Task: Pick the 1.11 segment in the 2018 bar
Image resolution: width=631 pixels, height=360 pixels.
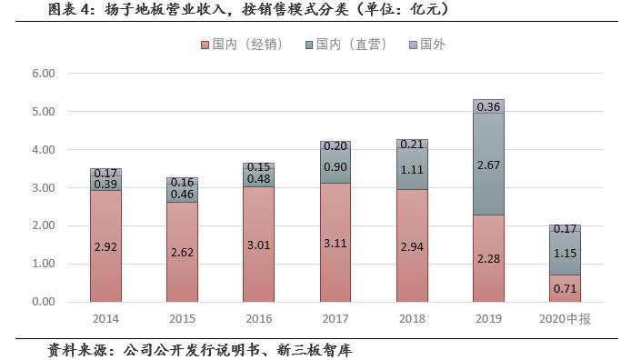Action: [x=412, y=169]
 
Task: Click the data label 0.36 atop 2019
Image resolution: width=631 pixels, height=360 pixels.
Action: [x=488, y=106]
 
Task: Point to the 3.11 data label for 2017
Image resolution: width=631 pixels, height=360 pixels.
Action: [x=336, y=245]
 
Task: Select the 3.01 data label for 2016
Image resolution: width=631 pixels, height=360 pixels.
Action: [x=259, y=245]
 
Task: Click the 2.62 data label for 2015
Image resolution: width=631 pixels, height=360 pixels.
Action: [x=183, y=252]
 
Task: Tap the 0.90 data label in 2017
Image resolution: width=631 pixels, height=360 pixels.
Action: [x=336, y=166]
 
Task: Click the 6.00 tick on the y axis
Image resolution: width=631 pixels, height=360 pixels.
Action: [x=43, y=74]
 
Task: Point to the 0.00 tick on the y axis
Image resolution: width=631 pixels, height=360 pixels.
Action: [x=43, y=302]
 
